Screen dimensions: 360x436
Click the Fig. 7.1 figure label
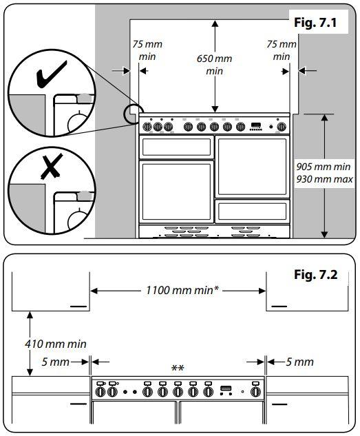315,22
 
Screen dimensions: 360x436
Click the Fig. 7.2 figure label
315,275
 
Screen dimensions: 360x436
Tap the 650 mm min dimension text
214,65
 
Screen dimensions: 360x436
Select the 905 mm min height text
324,167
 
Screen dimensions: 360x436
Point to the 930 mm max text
324,179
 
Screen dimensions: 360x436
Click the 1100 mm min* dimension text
182,290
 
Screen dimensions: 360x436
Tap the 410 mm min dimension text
56,344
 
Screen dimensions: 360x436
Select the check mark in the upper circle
51,74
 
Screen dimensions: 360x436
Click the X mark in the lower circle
52,167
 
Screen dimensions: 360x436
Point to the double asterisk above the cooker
178,368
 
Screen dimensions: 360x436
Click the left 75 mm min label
147,50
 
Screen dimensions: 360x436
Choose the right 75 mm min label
282,50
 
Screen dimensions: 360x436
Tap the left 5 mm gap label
55,362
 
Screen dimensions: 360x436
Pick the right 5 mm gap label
299,362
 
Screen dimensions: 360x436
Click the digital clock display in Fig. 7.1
256,125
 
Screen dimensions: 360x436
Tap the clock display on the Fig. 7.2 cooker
226,388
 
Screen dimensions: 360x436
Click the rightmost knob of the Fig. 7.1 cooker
282,127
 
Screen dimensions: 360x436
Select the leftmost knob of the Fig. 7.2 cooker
100,392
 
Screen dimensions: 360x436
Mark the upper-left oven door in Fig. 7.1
176,147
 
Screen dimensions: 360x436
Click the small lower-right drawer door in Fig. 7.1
252,211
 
